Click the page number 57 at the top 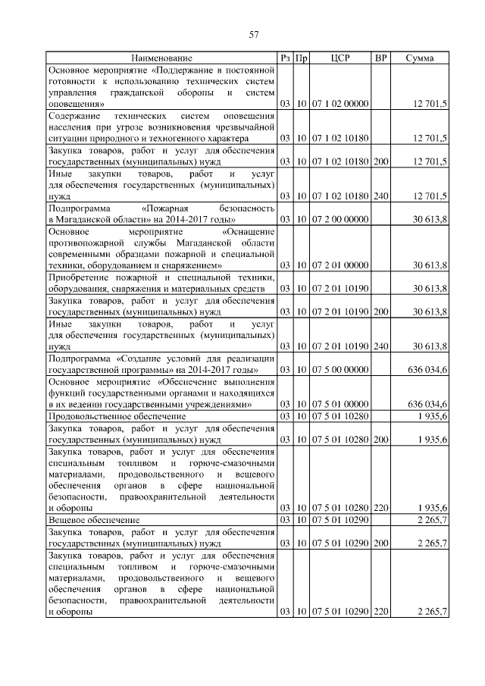(x=254, y=34)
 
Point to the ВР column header (x=381, y=58)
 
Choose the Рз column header (x=285, y=58)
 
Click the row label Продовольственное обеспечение (x=117, y=416)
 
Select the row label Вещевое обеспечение (x=93, y=519)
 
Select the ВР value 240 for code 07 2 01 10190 (x=381, y=346)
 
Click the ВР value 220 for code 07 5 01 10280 (x=381, y=507)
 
